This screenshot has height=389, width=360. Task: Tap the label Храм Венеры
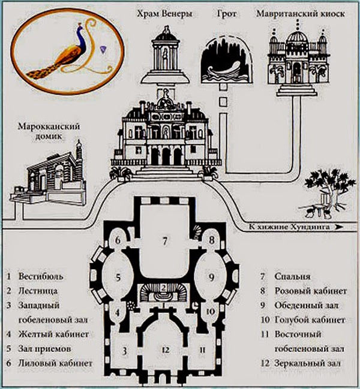(x=164, y=14)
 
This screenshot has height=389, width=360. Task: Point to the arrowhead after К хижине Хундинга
(x=340, y=228)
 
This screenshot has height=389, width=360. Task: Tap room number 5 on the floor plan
(x=118, y=278)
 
